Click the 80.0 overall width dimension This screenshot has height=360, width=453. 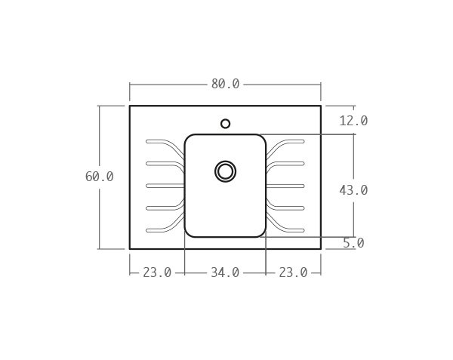pyautogui.click(x=225, y=84)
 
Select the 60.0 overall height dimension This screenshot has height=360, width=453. pyautogui.click(x=99, y=177)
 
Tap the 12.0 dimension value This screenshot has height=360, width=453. pyautogui.click(x=353, y=121)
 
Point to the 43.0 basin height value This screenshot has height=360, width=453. pyautogui.click(x=353, y=190)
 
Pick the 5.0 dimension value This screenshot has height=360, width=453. pyautogui.click(x=353, y=243)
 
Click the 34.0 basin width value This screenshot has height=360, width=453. pyautogui.click(x=225, y=272)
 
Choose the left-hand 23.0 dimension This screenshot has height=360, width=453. pyautogui.click(x=157, y=272)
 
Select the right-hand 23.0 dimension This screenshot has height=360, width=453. pyautogui.click(x=293, y=272)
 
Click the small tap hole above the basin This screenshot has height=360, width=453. pyautogui.click(x=225, y=124)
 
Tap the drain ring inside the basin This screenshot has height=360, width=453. pyautogui.click(x=225, y=171)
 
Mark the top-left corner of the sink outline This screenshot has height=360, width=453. pyautogui.click(x=130, y=106)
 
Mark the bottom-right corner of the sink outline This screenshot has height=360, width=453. pyautogui.click(x=321, y=248)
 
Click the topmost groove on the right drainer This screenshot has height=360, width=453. pyautogui.click(x=291, y=141)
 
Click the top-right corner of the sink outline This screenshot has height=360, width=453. pyautogui.click(x=321, y=106)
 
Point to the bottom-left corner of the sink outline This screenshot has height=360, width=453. pyautogui.click(x=130, y=248)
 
